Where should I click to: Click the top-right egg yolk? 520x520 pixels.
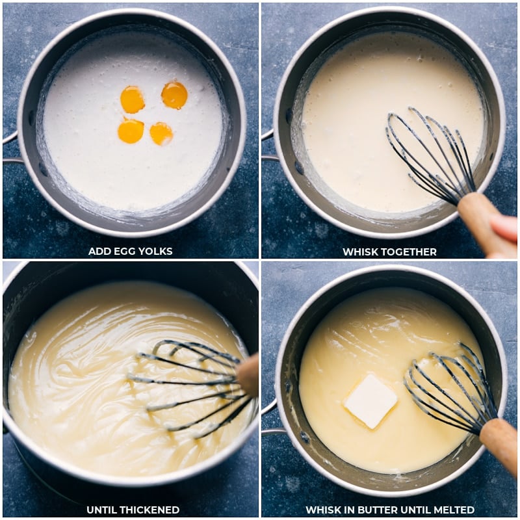pos(174,96)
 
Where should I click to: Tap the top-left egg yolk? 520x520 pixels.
pos(133,99)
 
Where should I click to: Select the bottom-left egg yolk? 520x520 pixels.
pos(131,131)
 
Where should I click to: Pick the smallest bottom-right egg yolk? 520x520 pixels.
pos(161,134)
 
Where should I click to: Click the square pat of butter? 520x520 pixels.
pos(370,401)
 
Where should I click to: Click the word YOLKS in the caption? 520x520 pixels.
pos(155,251)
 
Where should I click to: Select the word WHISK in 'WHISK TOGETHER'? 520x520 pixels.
pos(359,252)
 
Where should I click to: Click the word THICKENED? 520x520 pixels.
pos(149,510)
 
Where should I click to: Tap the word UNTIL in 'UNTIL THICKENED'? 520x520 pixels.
pos(101,510)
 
